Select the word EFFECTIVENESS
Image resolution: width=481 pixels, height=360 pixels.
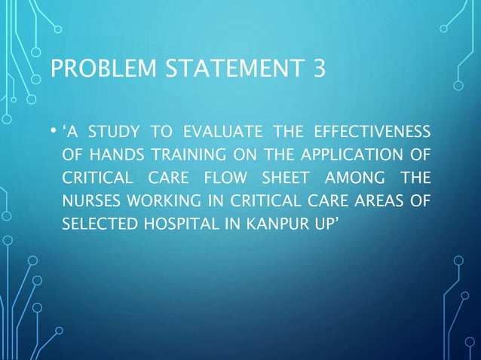(x=376, y=136)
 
